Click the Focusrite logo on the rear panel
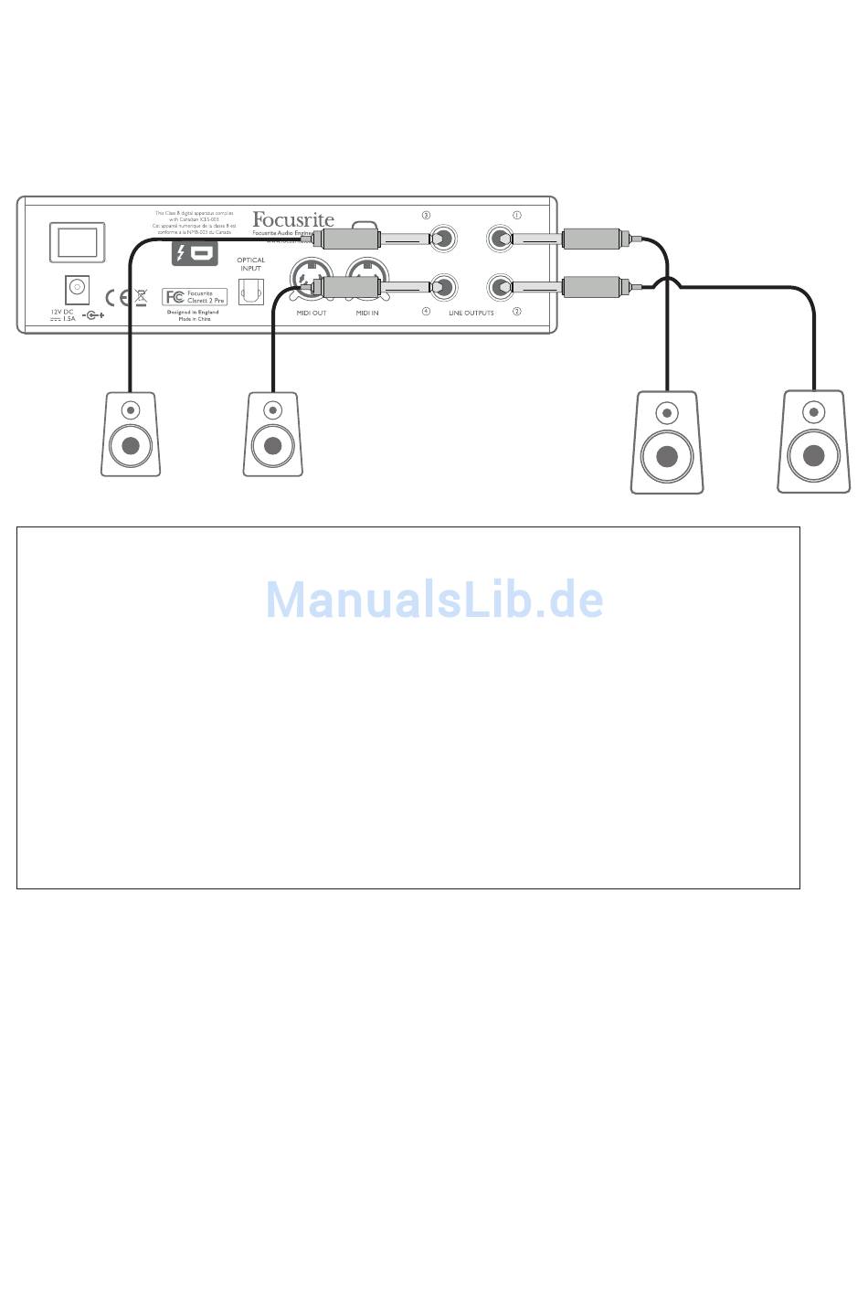click(293, 219)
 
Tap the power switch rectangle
click(78, 242)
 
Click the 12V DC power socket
click(78, 289)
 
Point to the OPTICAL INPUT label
click(250, 264)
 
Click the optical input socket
click(250, 291)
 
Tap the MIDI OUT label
click(311, 314)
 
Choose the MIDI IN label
click(367, 314)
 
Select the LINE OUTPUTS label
click(471, 314)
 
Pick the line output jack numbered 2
click(500, 289)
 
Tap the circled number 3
click(426, 216)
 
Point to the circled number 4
click(426, 312)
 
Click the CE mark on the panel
click(115, 297)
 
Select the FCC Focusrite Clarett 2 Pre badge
click(195, 296)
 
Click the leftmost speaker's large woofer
click(130, 446)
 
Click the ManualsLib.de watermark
click(434, 600)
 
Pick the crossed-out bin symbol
click(140, 296)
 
